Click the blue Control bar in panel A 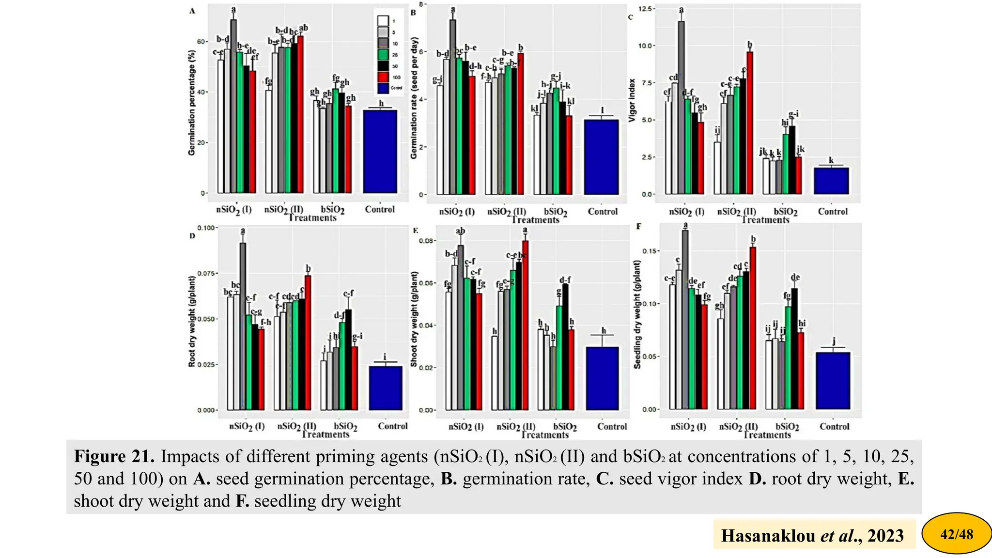380,151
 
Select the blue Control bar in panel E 602,378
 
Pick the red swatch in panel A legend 383,77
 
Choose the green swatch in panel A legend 383,55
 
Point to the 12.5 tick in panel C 646,9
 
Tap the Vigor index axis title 632,100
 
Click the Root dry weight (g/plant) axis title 192,321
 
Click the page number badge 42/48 956,534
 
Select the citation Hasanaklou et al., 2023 812,535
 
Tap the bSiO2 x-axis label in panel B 555,212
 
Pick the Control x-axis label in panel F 834,427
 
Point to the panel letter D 192,236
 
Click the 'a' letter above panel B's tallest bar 453,9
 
